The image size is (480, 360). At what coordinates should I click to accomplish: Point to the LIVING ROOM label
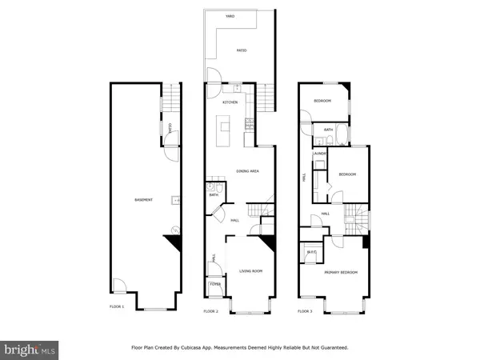tap(251, 272)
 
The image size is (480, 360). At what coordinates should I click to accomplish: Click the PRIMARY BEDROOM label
tap(340, 273)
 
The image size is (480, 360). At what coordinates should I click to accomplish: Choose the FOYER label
tap(215, 284)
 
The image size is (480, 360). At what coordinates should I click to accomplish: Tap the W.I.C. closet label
tap(312, 253)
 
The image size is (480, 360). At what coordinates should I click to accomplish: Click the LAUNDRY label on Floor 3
tap(319, 154)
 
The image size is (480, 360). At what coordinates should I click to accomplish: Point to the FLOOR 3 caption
tap(305, 310)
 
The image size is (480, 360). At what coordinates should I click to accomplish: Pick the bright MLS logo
tap(30, 349)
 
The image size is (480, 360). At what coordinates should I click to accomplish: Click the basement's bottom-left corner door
tap(118, 285)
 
